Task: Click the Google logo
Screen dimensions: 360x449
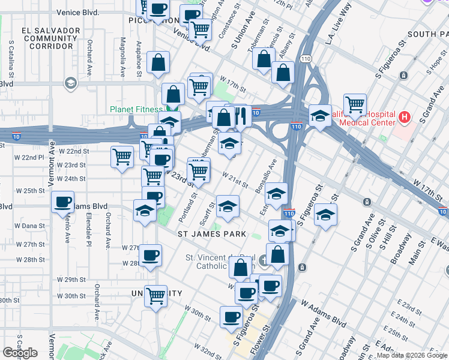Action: [x=20, y=353]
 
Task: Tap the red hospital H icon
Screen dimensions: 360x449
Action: [x=405, y=116]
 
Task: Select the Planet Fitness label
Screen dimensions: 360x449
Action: [x=135, y=109]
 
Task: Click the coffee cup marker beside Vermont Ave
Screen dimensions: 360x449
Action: [x=63, y=202]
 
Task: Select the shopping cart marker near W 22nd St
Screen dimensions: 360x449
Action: [x=122, y=157]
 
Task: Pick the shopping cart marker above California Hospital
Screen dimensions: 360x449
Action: [x=355, y=104]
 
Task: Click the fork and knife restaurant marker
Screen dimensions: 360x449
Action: [x=240, y=116]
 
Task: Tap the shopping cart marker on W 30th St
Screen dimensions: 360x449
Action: [x=156, y=295]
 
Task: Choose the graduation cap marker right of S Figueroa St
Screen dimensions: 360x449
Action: [x=325, y=215]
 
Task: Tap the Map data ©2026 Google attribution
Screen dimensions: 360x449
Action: [x=412, y=355]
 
